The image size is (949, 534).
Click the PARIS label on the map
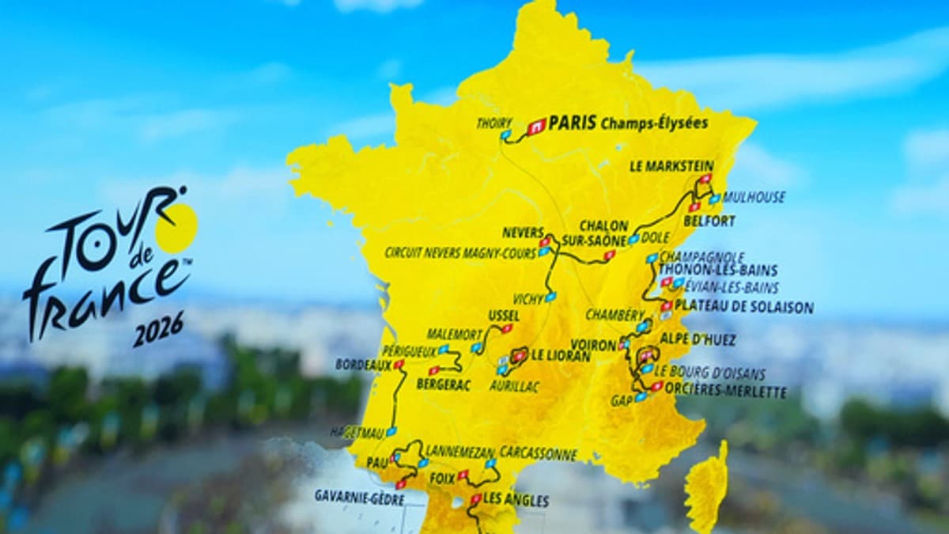click(x=572, y=123)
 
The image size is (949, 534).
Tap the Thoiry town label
click(x=493, y=123)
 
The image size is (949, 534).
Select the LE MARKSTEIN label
click(x=671, y=166)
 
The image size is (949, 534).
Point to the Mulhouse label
click(x=754, y=197)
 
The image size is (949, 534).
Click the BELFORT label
click(x=709, y=221)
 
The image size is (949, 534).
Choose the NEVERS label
click(x=523, y=233)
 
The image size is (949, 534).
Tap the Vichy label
click(x=527, y=299)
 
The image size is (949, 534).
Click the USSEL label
click(x=504, y=316)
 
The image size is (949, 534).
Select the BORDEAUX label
click(x=363, y=365)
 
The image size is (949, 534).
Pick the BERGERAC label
click(x=444, y=384)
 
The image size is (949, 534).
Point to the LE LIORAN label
click(x=561, y=356)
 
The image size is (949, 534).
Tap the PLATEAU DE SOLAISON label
click(x=743, y=307)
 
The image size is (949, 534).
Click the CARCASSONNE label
click(x=538, y=454)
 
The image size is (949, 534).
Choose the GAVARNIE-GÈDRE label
click(x=359, y=497)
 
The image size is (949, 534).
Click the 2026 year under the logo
click(x=158, y=328)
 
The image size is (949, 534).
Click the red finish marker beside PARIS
click(x=537, y=125)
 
